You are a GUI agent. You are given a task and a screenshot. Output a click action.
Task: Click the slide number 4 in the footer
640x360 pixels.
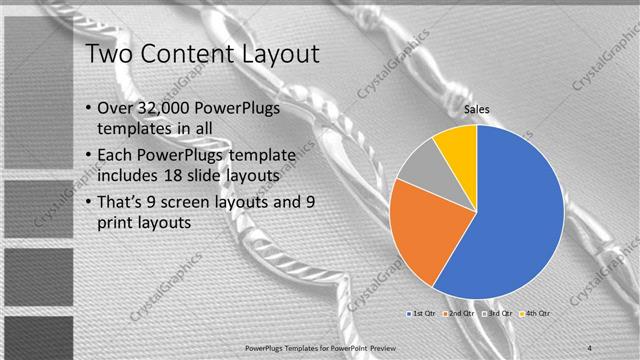591,345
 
